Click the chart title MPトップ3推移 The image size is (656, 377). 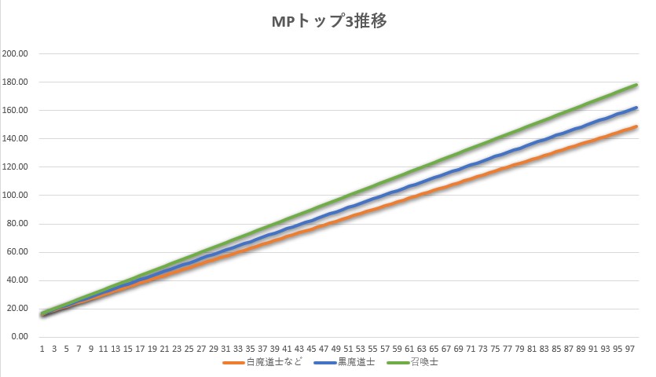coord(328,21)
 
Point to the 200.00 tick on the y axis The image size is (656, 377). coord(16,54)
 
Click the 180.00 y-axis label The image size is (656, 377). coord(16,82)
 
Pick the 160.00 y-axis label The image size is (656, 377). coord(16,111)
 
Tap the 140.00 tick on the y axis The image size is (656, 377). coord(16,139)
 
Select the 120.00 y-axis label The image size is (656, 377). coord(16,167)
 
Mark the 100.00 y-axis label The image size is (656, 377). coord(16,196)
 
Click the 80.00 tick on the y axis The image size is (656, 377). coord(17,224)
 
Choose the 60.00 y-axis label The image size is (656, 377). coord(17,252)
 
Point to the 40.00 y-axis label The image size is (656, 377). coord(17,280)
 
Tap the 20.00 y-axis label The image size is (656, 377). coord(17,309)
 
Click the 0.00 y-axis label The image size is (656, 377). coord(20,337)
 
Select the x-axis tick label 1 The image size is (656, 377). coord(42,348)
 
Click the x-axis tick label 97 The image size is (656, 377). coord(629,348)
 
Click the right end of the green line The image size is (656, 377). coord(636,85)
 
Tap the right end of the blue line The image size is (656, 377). coord(636,108)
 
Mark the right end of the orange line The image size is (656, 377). coord(636,126)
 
